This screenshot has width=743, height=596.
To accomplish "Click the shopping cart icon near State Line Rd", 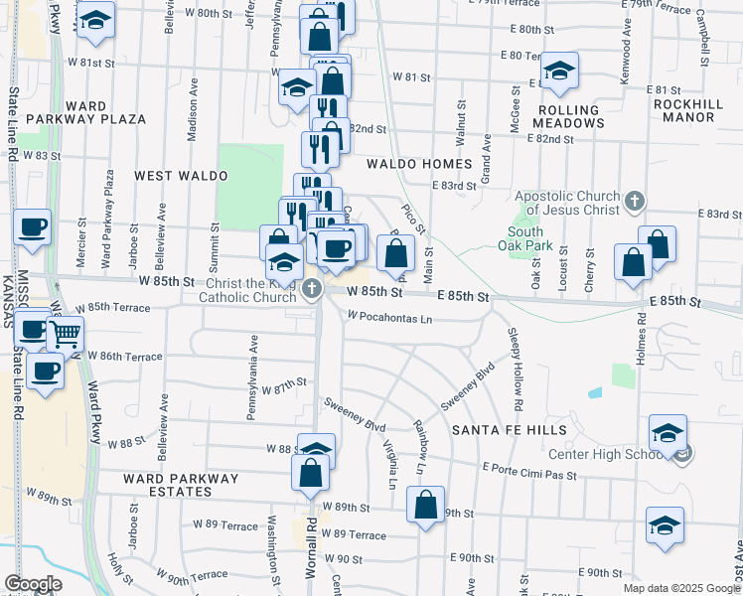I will click(65, 335).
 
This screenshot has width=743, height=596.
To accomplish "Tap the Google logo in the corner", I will click(33, 584).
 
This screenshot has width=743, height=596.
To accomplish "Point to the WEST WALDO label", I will click(181, 176).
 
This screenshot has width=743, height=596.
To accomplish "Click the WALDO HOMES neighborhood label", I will click(418, 163).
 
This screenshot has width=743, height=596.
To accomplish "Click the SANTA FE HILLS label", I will click(509, 430).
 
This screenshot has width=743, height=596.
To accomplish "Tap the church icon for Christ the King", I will click(313, 290).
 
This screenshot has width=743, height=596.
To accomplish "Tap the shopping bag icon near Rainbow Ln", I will click(425, 504).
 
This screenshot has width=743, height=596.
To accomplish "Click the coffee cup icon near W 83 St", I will click(33, 227).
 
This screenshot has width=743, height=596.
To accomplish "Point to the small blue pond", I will click(594, 393).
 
